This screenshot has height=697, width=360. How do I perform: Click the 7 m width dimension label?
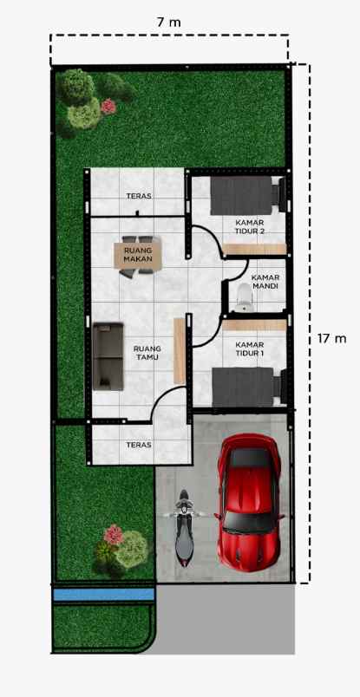[x=169, y=22]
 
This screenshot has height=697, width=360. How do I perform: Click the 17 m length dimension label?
[x=331, y=337]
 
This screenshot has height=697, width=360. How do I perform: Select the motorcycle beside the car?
[x=183, y=528]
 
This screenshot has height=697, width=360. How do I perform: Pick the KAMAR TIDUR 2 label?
[x=250, y=226]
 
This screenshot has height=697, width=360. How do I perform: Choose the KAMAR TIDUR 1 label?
[x=250, y=348]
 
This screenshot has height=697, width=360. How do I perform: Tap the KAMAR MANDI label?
[x=265, y=283]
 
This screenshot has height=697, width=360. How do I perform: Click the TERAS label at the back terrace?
[x=139, y=196]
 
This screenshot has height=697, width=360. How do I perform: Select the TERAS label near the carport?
[x=139, y=445]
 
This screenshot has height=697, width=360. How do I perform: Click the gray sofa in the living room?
[x=108, y=355]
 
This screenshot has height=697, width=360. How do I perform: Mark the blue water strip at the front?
[x=104, y=595]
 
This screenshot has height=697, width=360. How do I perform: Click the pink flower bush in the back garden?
[x=108, y=107]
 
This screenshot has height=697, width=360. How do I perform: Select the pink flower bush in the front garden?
[x=114, y=533]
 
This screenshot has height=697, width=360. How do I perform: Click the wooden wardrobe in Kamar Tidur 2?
[x=255, y=250]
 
